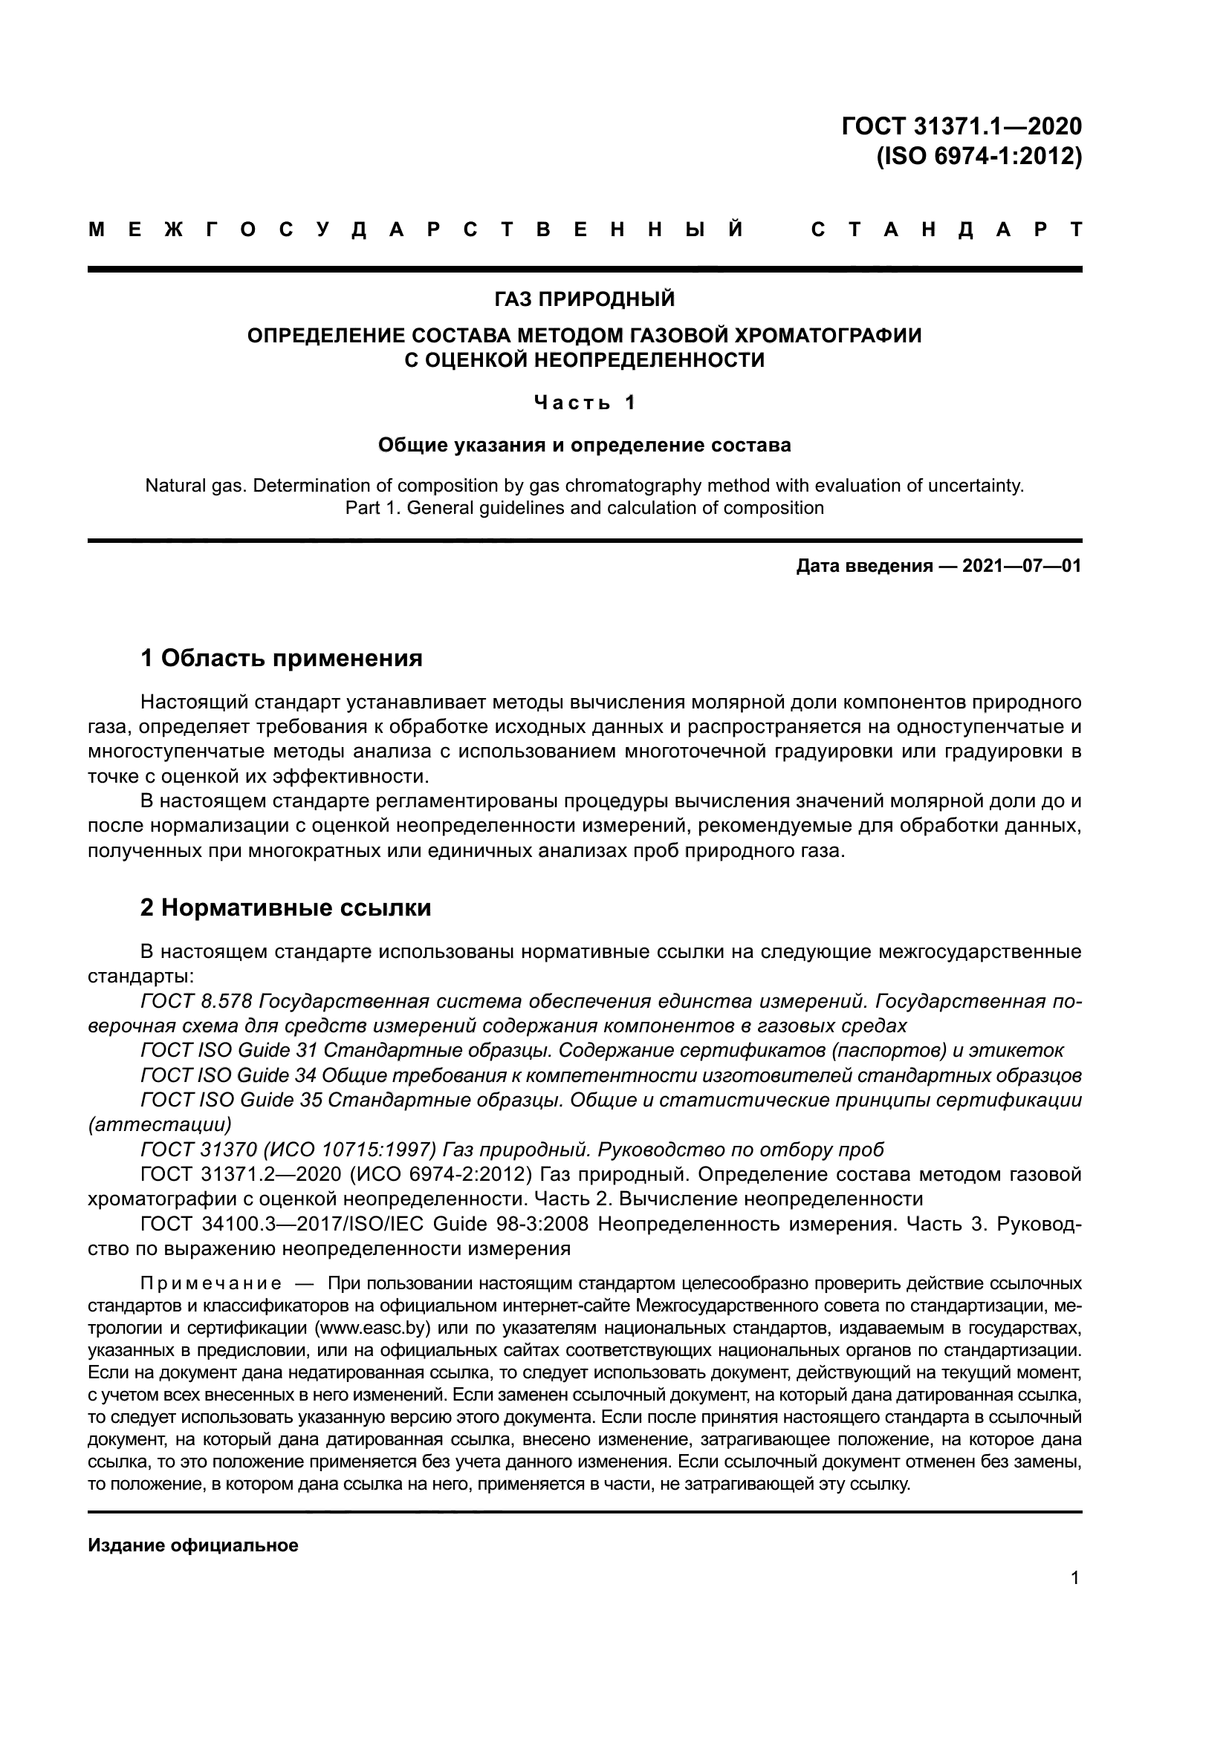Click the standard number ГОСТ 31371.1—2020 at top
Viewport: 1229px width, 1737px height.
[961, 126]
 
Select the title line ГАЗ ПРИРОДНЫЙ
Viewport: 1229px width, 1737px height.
[584, 299]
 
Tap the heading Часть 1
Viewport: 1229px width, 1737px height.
[584, 403]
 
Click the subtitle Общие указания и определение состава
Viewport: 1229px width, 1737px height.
[584, 445]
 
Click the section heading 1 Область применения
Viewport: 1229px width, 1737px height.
[282, 658]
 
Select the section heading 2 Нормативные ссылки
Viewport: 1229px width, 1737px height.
[285, 907]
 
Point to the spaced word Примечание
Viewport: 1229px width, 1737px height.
[211, 1284]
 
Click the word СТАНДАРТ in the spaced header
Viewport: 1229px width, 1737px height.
[946, 230]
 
